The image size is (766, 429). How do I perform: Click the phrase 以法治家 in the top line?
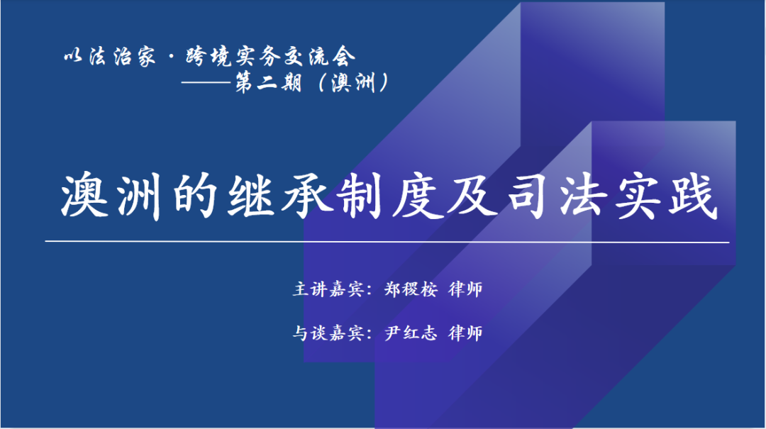tap(110, 57)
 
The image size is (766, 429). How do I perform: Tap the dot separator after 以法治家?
tap(171, 57)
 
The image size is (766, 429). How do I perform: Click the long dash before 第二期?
tap(206, 82)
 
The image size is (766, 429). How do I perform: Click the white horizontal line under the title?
tap(387, 242)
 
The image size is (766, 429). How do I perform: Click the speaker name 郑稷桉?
tap(411, 289)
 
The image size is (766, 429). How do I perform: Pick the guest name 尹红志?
tap(411, 333)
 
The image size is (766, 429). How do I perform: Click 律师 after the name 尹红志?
tap(465, 333)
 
